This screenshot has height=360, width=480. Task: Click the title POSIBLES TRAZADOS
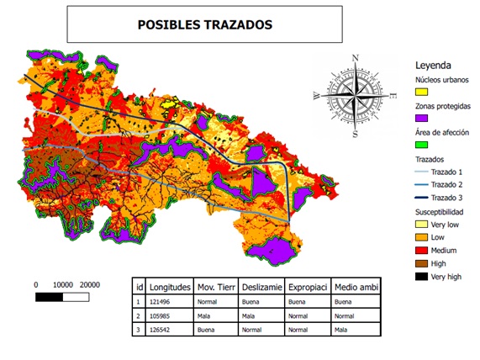click(203, 24)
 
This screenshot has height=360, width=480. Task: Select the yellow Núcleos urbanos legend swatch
click(425, 91)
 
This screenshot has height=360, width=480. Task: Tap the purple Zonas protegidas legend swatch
click(425, 119)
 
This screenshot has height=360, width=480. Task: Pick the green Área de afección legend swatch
click(425, 146)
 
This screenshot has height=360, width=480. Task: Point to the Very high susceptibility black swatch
click(425, 275)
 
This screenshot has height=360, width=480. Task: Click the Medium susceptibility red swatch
click(425, 251)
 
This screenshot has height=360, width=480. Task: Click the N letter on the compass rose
click(356, 58)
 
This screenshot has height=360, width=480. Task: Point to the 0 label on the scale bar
click(36, 284)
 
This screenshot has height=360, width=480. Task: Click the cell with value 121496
click(164, 299)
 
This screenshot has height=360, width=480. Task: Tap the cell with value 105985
click(164, 316)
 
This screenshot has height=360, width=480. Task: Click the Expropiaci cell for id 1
click(308, 299)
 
